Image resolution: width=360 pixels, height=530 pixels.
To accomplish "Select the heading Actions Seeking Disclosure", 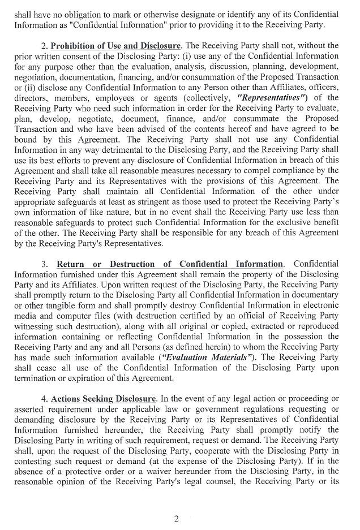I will coord(103,399).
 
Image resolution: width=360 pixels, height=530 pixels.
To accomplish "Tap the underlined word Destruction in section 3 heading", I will coord(126,264).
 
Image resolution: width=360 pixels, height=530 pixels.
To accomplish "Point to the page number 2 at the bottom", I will coord(176,519).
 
